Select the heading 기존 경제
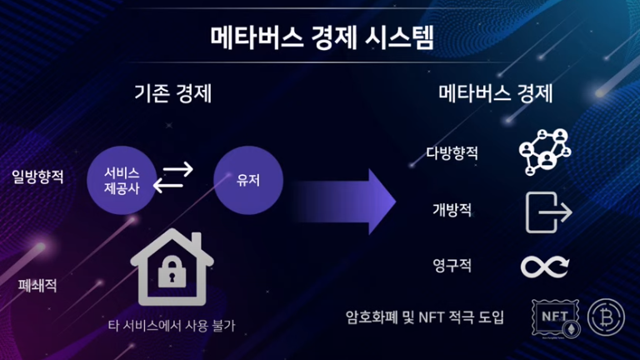(172, 93)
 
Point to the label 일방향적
(37, 177)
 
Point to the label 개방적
(452, 210)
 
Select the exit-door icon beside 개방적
(548, 211)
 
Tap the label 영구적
(452, 267)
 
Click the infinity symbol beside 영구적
(545, 267)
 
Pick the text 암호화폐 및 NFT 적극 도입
(425, 317)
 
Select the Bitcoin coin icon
(606, 317)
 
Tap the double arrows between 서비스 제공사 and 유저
(177, 177)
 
